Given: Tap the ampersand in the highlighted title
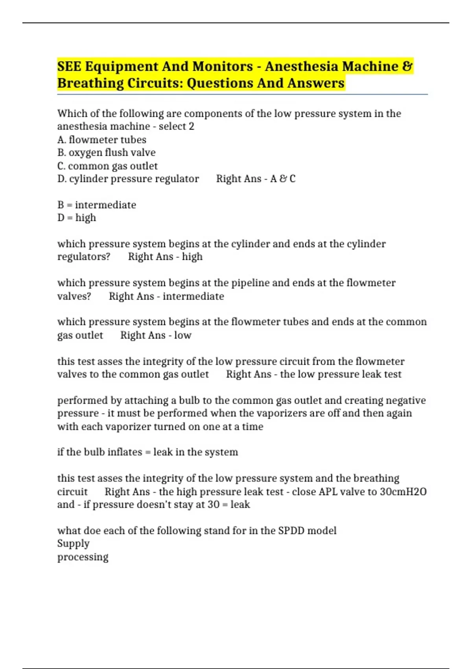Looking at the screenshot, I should [x=408, y=66].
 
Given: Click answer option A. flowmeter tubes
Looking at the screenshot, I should [x=102, y=140].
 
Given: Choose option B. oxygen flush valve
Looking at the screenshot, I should [x=106, y=152].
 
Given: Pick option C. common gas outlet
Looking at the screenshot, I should [x=107, y=166].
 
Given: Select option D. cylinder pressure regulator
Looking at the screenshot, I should [x=128, y=179].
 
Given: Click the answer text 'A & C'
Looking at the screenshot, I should [x=283, y=179].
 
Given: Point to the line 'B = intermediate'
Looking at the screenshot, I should [x=97, y=205].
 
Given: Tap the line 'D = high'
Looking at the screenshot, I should [x=77, y=218].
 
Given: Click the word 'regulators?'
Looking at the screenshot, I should [x=84, y=257].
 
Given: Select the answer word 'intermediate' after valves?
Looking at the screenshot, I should [x=193, y=296].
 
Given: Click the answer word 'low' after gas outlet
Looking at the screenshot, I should [x=183, y=335].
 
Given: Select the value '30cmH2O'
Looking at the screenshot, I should [x=403, y=492].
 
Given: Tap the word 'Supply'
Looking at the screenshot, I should [x=74, y=543].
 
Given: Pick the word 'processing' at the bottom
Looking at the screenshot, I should [x=83, y=557].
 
